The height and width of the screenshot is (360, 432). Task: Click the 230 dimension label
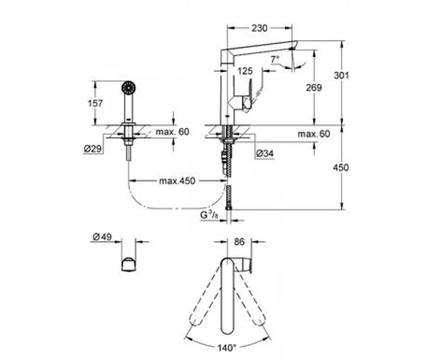pos(259,28)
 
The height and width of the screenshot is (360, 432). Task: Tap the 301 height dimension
pos(341,75)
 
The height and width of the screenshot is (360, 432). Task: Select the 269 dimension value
pos(314,88)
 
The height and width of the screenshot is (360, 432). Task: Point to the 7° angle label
pos(275,59)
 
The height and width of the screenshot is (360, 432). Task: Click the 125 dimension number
pos(245,71)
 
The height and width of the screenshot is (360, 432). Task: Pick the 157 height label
pos(95,104)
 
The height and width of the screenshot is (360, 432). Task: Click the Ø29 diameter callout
pos(93,149)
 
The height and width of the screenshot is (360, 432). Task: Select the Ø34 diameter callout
pos(265,153)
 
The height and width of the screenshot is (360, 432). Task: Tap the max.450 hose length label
pos(177,181)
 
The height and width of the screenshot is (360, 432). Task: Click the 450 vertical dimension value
pos(341,168)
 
